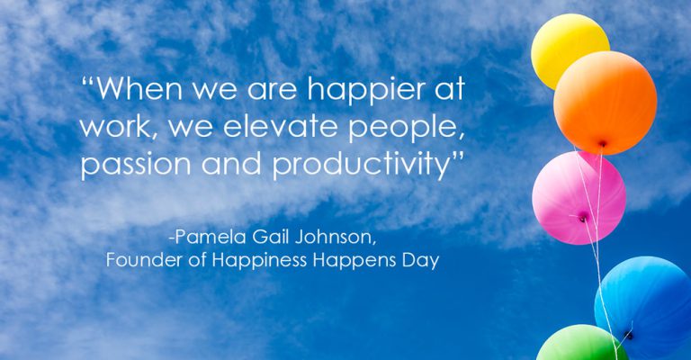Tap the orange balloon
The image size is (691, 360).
pyautogui.click(x=605, y=103)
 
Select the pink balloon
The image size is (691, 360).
pyautogui.click(x=579, y=198)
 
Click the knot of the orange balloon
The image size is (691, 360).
pyautogui.click(x=602, y=144)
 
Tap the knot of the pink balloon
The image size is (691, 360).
pyautogui.click(x=583, y=217)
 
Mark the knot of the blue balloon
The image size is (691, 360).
pyautogui.click(x=629, y=336)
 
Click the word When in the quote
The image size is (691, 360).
pyautogui.click(x=139, y=88)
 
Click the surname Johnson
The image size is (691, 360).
pyautogui.click(x=336, y=238)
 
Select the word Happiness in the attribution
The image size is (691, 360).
pyautogui.click(x=259, y=261)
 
